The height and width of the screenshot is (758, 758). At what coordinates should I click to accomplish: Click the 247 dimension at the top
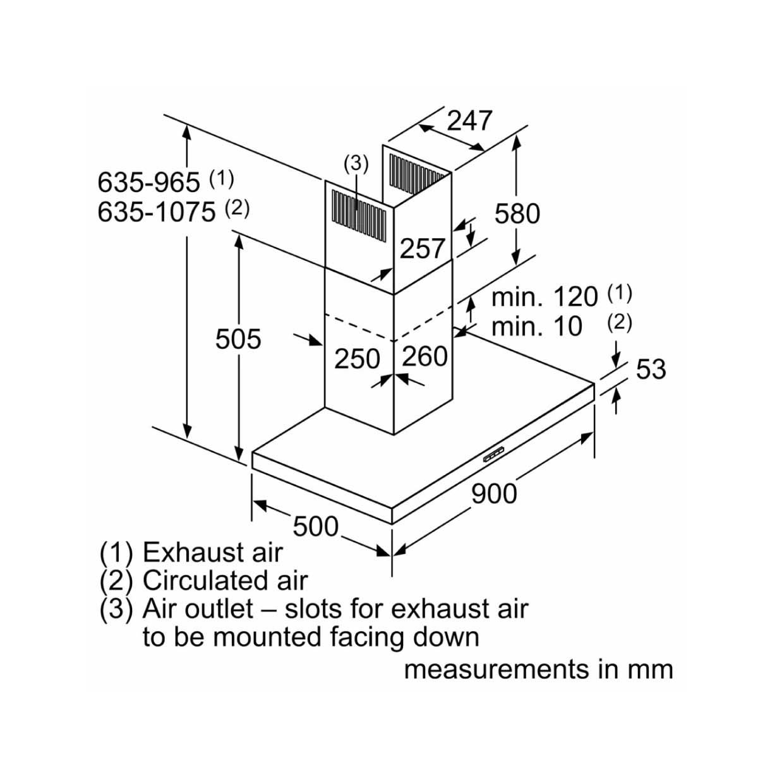coord(470,121)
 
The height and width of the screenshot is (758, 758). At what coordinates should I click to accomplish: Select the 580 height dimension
coord(517,214)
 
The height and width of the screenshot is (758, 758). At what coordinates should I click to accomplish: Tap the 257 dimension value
coord(422,248)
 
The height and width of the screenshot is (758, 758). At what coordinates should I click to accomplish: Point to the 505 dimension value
coord(238,339)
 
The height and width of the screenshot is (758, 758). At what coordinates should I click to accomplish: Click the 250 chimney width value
coord(357,358)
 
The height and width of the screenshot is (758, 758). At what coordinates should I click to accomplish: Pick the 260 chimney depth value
coord(425,356)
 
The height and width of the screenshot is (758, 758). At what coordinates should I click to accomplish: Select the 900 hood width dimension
coord(494,494)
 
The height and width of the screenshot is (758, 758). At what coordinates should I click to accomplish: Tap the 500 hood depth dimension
coord(315,526)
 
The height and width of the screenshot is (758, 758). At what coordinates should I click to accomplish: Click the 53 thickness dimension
coord(651,369)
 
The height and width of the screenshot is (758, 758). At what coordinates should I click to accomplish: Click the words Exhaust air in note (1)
coord(213,552)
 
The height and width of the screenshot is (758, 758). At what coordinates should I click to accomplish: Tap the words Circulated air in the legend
coord(225,581)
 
